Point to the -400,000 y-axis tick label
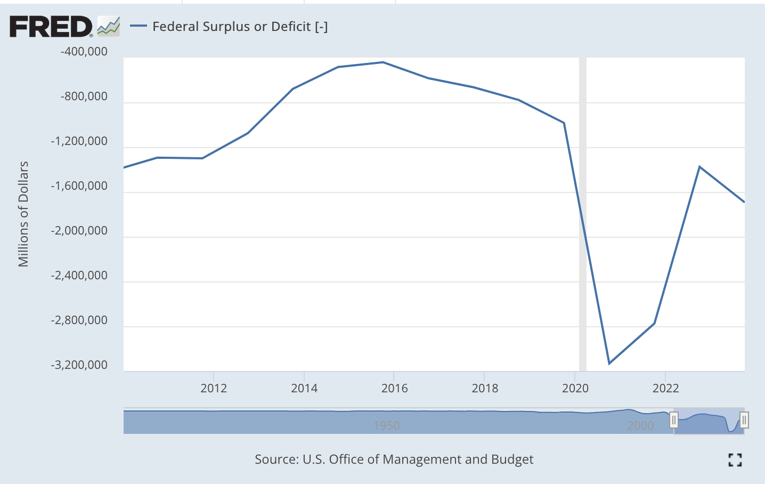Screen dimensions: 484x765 click(84, 52)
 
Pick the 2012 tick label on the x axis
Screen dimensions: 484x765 click(214, 388)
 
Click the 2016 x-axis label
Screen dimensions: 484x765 click(394, 388)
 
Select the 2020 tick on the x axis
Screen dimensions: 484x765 click(575, 388)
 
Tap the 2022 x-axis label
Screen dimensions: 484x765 click(665, 388)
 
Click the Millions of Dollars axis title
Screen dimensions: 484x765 click(23, 214)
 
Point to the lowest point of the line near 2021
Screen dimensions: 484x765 click(609, 364)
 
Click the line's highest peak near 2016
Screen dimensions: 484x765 click(383, 62)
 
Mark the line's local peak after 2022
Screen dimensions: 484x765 click(699, 167)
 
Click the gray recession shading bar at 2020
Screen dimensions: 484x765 click(583, 213)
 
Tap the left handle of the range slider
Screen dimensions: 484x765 click(674, 421)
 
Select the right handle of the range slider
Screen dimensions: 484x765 click(744, 421)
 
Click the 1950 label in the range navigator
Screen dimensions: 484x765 click(387, 425)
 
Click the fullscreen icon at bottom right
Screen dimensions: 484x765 click(735, 459)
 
